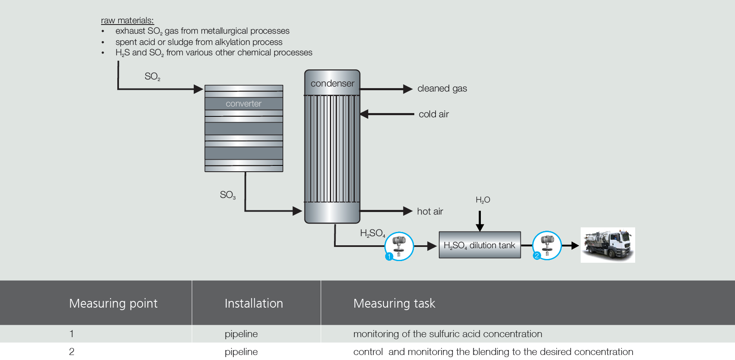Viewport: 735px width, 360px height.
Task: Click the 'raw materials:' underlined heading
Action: tap(127, 20)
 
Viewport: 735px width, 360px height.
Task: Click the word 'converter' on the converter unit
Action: tap(243, 104)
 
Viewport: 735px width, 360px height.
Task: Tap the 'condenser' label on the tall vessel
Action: tap(332, 84)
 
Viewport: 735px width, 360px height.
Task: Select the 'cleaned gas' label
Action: tap(442, 89)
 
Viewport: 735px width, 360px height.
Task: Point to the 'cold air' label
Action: tap(433, 114)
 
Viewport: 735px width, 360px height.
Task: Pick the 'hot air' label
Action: tap(430, 212)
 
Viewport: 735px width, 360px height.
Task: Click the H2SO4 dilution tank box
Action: tap(480, 245)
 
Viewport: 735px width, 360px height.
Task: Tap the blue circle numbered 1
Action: tap(389, 256)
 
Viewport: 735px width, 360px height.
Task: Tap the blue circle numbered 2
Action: tap(537, 256)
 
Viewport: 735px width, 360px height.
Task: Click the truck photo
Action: tap(608, 245)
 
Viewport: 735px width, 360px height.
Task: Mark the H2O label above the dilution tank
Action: tap(483, 200)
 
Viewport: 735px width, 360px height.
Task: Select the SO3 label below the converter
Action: tap(228, 195)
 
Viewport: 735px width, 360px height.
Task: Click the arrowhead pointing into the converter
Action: tap(198, 89)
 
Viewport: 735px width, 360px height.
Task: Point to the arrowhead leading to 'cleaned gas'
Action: tap(408, 89)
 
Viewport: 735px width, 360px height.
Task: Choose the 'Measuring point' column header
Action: tap(113, 303)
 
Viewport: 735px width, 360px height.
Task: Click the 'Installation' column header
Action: tap(254, 303)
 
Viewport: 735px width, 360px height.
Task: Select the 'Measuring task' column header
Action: tap(394, 303)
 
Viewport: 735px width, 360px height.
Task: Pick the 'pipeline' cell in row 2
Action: tap(241, 352)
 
